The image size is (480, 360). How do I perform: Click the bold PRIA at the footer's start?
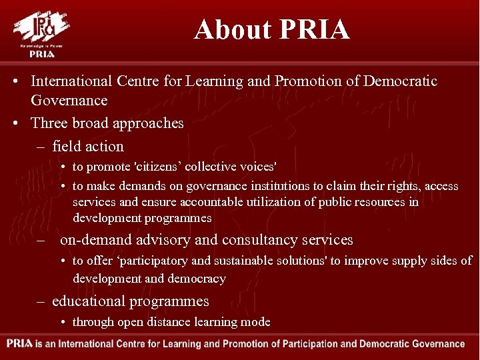20,345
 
